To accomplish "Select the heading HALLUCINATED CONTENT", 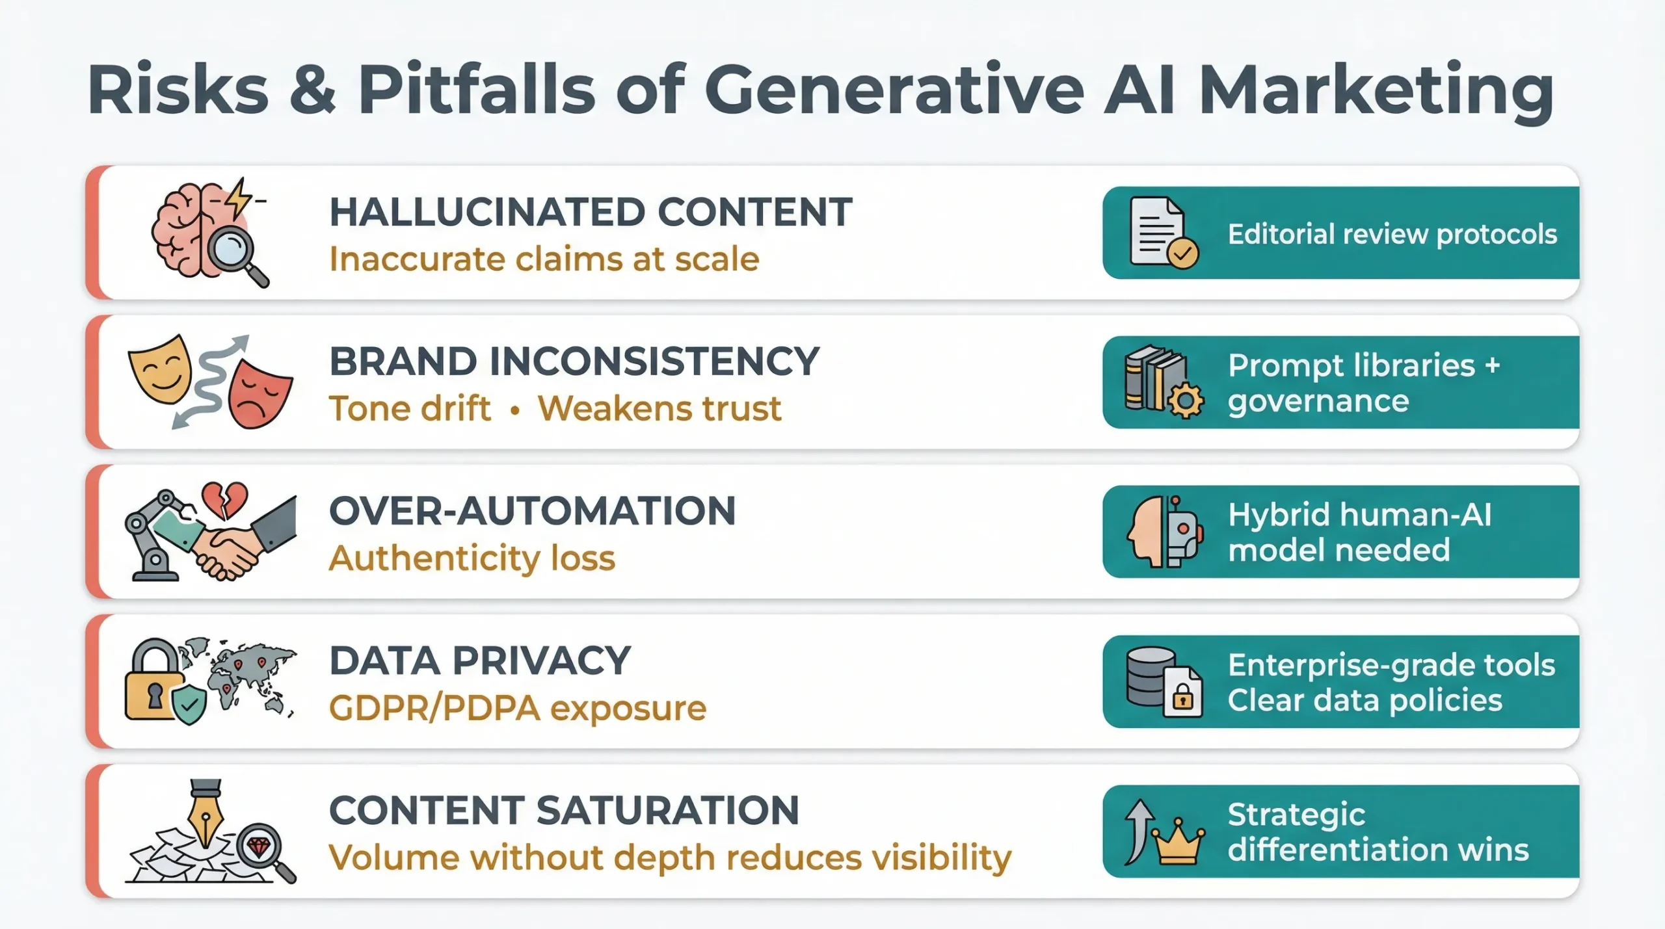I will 591,212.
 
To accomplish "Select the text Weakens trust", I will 659,408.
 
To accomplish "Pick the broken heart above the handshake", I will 224,499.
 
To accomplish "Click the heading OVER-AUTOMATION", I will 532,511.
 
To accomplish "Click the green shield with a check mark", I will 189,705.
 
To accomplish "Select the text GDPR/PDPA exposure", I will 517,708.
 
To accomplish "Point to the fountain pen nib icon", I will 206,813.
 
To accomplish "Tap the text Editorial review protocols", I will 1392,234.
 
